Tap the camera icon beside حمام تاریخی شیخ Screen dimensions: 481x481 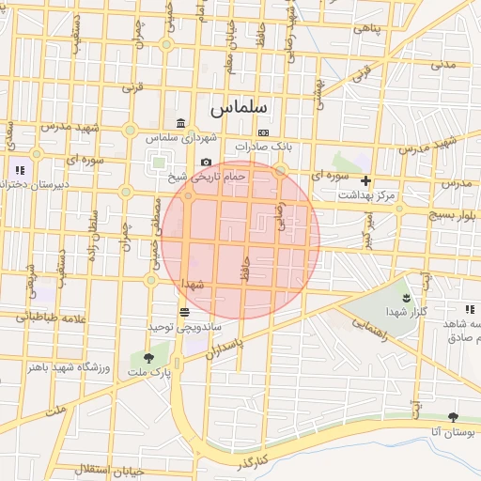pos(206,163)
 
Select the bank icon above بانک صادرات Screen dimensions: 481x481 pos(264,132)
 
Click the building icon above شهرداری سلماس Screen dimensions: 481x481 pos(180,123)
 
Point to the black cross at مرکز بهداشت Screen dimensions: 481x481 pos(366,179)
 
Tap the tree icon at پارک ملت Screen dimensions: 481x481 pos(149,357)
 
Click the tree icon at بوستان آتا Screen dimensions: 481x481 pos(454,416)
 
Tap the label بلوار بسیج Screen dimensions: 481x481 pos(458,215)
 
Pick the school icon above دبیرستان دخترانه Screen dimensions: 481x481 pos(19,171)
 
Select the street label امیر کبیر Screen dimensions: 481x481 pos(369,229)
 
